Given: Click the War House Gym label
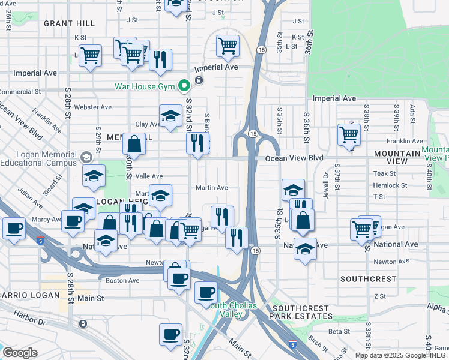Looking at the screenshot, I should (x=145, y=86).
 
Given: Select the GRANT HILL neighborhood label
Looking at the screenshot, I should (x=69, y=23).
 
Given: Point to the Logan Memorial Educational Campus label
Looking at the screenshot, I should (x=38, y=158).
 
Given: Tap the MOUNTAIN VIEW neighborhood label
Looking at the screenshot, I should (x=397, y=157).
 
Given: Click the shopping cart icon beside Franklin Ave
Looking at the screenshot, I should (x=349, y=134).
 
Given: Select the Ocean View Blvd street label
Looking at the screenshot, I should (x=294, y=158).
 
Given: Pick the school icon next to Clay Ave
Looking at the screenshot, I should (x=170, y=116).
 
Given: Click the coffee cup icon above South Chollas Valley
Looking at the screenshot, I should (x=206, y=293).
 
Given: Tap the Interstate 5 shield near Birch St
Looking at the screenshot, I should (x=292, y=344).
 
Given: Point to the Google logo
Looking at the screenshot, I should (x=20, y=352).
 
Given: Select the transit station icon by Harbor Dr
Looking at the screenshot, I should (x=82, y=323).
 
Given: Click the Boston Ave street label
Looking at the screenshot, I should (x=122, y=280).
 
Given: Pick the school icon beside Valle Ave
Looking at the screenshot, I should (x=94, y=176).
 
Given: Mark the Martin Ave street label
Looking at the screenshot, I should (x=212, y=188).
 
